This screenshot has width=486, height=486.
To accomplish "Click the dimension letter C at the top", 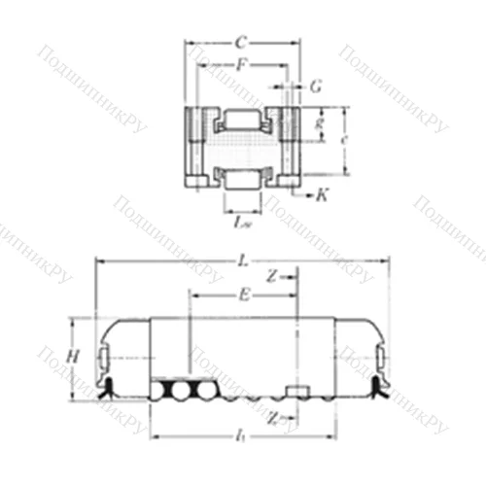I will point(241,43).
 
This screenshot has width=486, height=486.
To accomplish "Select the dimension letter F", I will point(241,65).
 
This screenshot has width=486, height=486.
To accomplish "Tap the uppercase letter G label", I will point(315,87).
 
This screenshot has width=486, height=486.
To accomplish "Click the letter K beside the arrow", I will point(322,193).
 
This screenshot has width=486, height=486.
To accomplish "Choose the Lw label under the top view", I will point(243,222).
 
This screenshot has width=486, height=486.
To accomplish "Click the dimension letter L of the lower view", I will point(241,260).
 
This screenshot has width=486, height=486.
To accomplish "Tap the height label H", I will point(71,356).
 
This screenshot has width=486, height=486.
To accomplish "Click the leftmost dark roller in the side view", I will point(160,391).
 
